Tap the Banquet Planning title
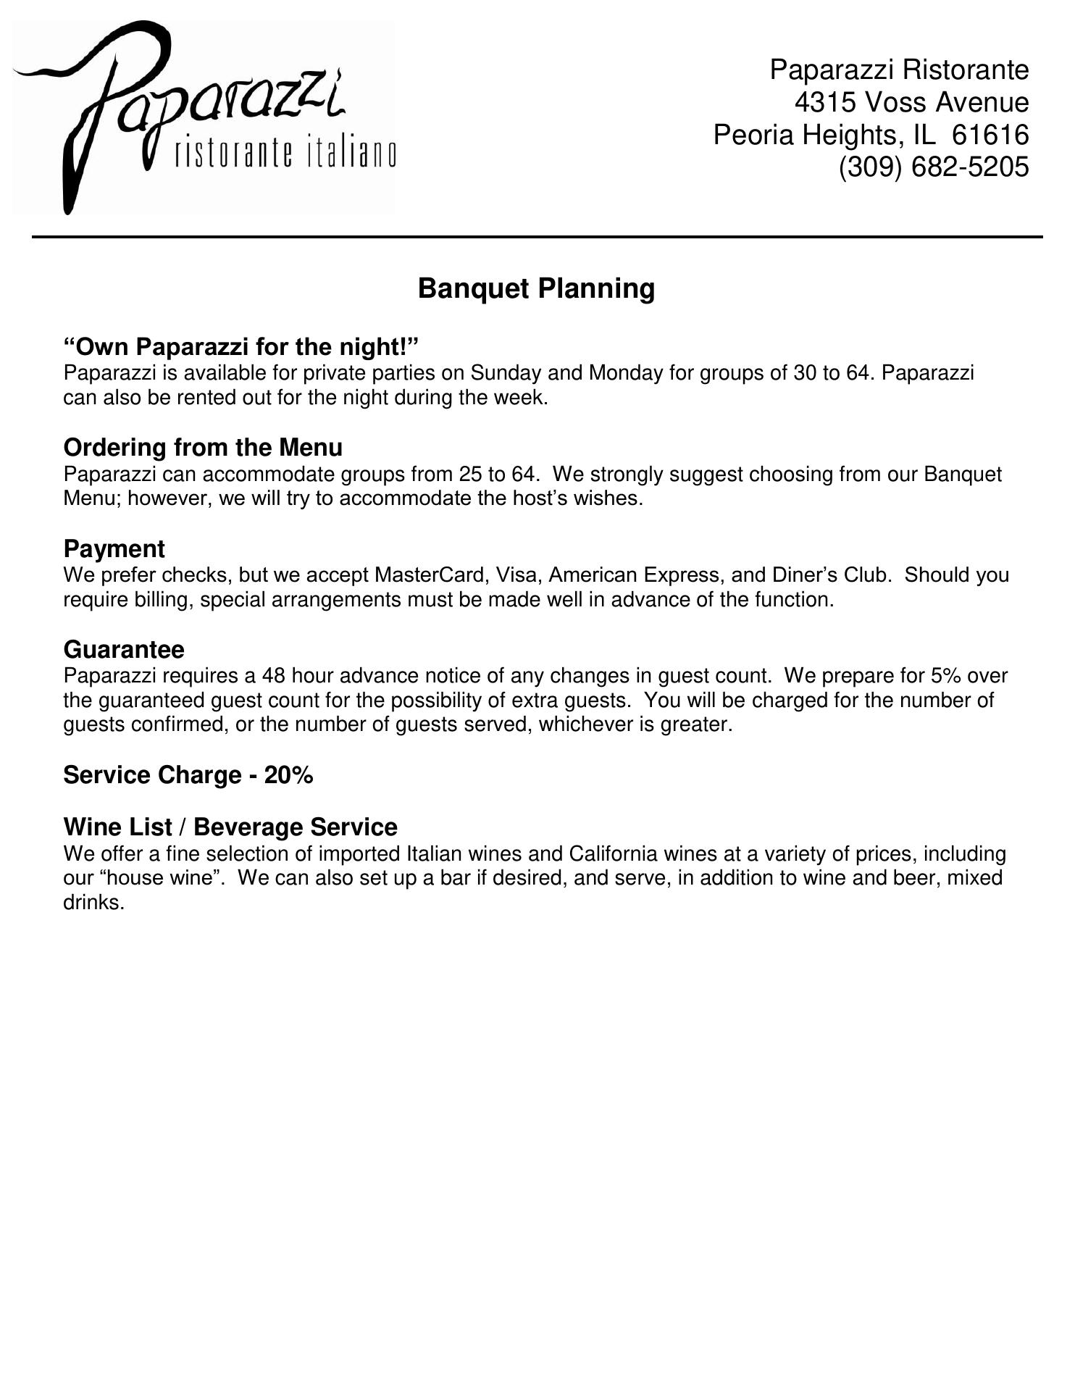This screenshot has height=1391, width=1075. tap(536, 288)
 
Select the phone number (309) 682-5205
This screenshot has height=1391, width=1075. tap(933, 167)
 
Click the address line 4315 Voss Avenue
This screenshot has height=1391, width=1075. tap(911, 103)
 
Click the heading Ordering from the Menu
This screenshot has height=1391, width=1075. tap(203, 448)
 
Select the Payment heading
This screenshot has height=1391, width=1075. tap(114, 549)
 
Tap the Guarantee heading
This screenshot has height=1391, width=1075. tap(124, 649)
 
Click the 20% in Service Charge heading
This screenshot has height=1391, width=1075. tap(288, 775)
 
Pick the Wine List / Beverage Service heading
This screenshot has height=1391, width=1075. tap(230, 827)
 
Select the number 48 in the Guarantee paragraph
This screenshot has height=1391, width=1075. tap(273, 676)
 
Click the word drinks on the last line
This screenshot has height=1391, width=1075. tap(93, 903)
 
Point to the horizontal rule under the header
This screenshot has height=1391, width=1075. tap(536, 237)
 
